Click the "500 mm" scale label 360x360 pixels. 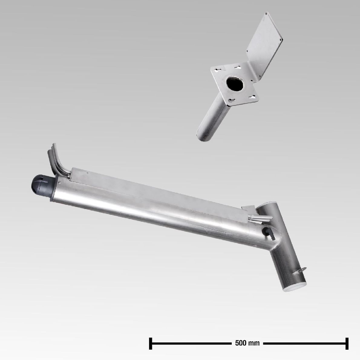point(247,343)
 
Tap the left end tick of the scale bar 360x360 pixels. point(151,343)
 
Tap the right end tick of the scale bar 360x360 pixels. point(347,343)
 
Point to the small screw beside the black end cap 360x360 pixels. point(60,183)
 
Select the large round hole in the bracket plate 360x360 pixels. point(235,83)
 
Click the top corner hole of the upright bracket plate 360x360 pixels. point(266,14)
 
